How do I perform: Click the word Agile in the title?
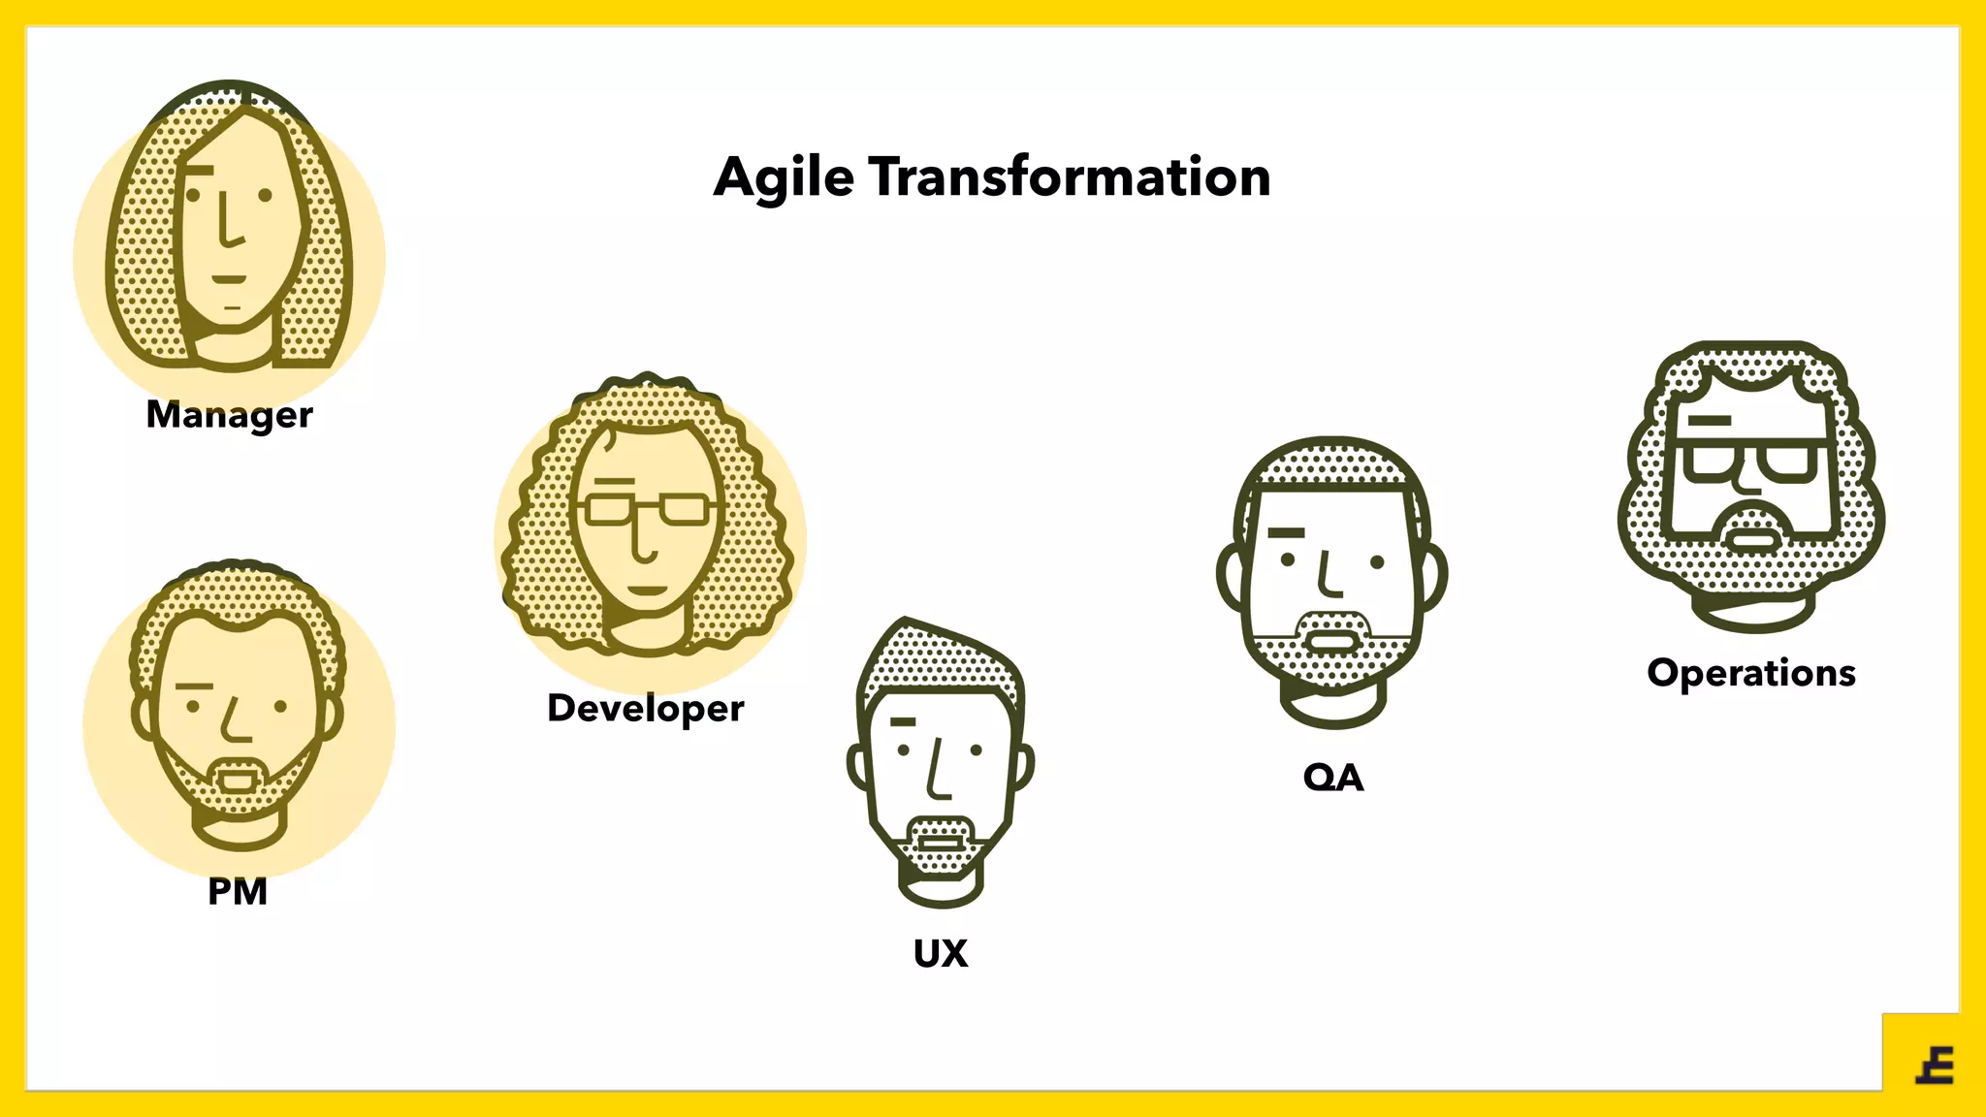point(784,178)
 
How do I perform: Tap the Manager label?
point(229,415)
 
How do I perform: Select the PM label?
point(238,891)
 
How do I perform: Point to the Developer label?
point(645,709)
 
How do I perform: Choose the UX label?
point(941,953)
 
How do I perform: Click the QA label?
point(1333,778)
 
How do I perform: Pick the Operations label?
point(1751,673)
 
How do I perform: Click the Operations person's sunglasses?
point(1751,461)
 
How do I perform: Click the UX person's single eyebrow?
point(903,721)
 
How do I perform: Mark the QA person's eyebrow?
point(1286,532)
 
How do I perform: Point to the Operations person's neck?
point(1752,611)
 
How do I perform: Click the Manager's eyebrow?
point(198,171)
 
